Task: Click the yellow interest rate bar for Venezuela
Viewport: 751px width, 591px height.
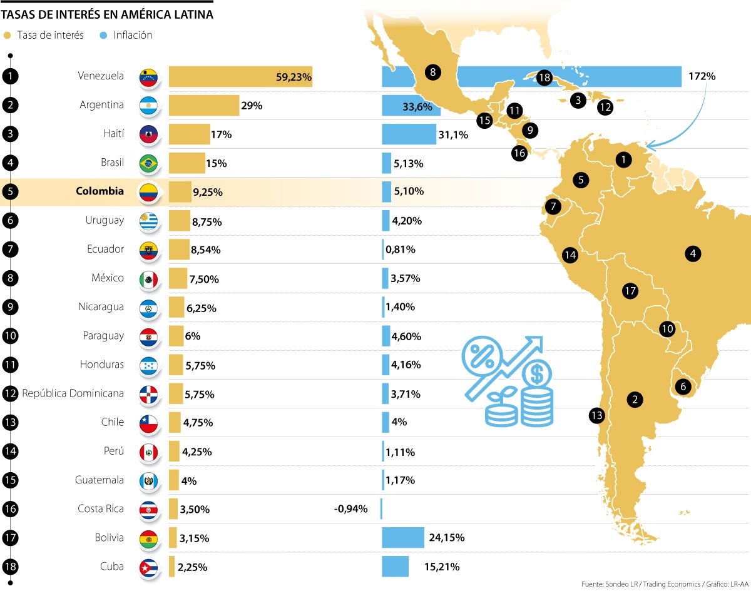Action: (x=240, y=77)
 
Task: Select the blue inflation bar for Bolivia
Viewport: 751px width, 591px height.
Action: (x=402, y=537)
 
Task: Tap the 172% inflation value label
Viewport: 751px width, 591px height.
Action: (x=702, y=76)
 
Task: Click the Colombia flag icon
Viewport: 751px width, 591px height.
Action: (x=148, y=192)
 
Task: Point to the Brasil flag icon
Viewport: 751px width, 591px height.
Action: (x=148, y=163)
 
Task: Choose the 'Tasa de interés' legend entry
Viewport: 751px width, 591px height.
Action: (x=43, y=35)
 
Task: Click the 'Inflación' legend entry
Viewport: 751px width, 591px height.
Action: (x=126, y=35)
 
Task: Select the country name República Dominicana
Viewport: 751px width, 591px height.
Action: (x=73, y=393)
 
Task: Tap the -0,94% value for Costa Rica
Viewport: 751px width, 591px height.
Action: (x=350, y=509)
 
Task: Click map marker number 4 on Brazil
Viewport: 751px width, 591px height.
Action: (x=692, y=253)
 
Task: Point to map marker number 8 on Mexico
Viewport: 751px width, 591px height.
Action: (x=433, y=72)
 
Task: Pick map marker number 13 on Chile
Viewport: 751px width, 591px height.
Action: (x=596, y=415)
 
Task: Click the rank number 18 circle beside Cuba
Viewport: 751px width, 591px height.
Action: (x=10, y=567)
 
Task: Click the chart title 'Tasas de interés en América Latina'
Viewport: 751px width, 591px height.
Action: (x=107, y=14)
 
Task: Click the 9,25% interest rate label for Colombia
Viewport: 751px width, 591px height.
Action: (x=208, y=192)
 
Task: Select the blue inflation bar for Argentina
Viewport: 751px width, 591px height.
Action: (x=411, y=106)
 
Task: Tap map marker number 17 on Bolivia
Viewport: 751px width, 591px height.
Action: (x=630, y=291)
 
